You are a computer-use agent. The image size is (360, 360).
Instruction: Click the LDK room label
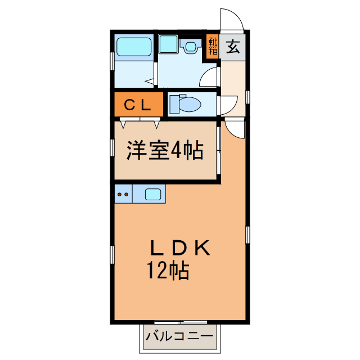(180, 248)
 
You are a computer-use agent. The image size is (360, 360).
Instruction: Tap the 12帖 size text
(168, 271)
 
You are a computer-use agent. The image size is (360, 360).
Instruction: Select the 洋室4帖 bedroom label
(164, 151)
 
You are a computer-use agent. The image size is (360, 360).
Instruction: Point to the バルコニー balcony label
(179, 337)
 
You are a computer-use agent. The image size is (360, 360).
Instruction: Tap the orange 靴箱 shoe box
(213, 46)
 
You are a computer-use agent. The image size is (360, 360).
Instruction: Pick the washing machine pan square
(168, 44)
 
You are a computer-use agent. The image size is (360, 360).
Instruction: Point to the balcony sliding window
(180, 323)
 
